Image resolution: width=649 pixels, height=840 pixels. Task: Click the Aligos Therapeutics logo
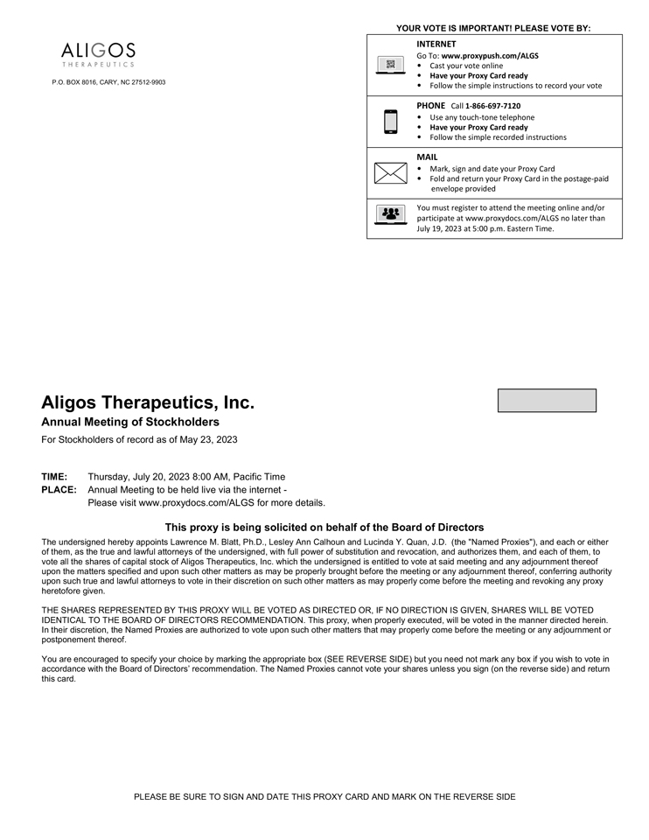click(x=98, y=54)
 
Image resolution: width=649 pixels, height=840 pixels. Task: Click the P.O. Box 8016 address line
click(x=108, y=82)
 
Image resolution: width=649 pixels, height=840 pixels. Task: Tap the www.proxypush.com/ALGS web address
click(x=490, y=55)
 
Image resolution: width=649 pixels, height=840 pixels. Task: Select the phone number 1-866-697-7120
click(x=492, y=106)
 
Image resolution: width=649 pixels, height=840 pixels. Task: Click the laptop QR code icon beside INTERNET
click(x=390, y=65)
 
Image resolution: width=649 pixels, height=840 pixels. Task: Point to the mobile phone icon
click(x=390, y=122)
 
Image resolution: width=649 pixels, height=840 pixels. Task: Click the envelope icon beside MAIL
click(x=390, y=172)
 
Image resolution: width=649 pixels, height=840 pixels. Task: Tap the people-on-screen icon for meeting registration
click(x=390, y=213)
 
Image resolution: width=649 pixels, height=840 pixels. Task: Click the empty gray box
click(x=547, y=401)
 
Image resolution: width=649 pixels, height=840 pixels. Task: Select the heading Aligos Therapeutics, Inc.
click(x=148, y=403)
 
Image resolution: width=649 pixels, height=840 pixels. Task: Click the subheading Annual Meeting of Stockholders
click(x=130, y=423)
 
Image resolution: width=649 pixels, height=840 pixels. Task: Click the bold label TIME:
click(x=54, y=477)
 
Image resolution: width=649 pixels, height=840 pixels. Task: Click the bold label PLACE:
click(x=59, y=490)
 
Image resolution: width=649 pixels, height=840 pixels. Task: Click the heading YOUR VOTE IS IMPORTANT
click(x=493, y=28)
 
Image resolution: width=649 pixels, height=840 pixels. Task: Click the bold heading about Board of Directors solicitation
click(x=324, y=528)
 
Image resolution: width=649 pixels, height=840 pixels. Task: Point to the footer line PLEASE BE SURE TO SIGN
click(x=324, y=797)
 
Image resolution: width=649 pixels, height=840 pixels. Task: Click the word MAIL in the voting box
click(x=427, y=157)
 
